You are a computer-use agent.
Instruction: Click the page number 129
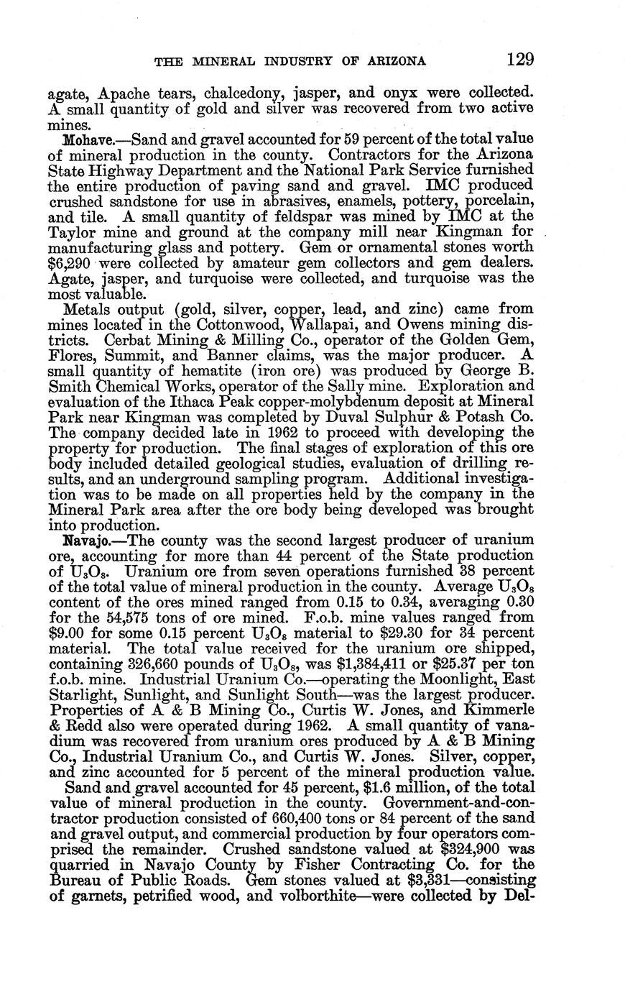tap(519, 59)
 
